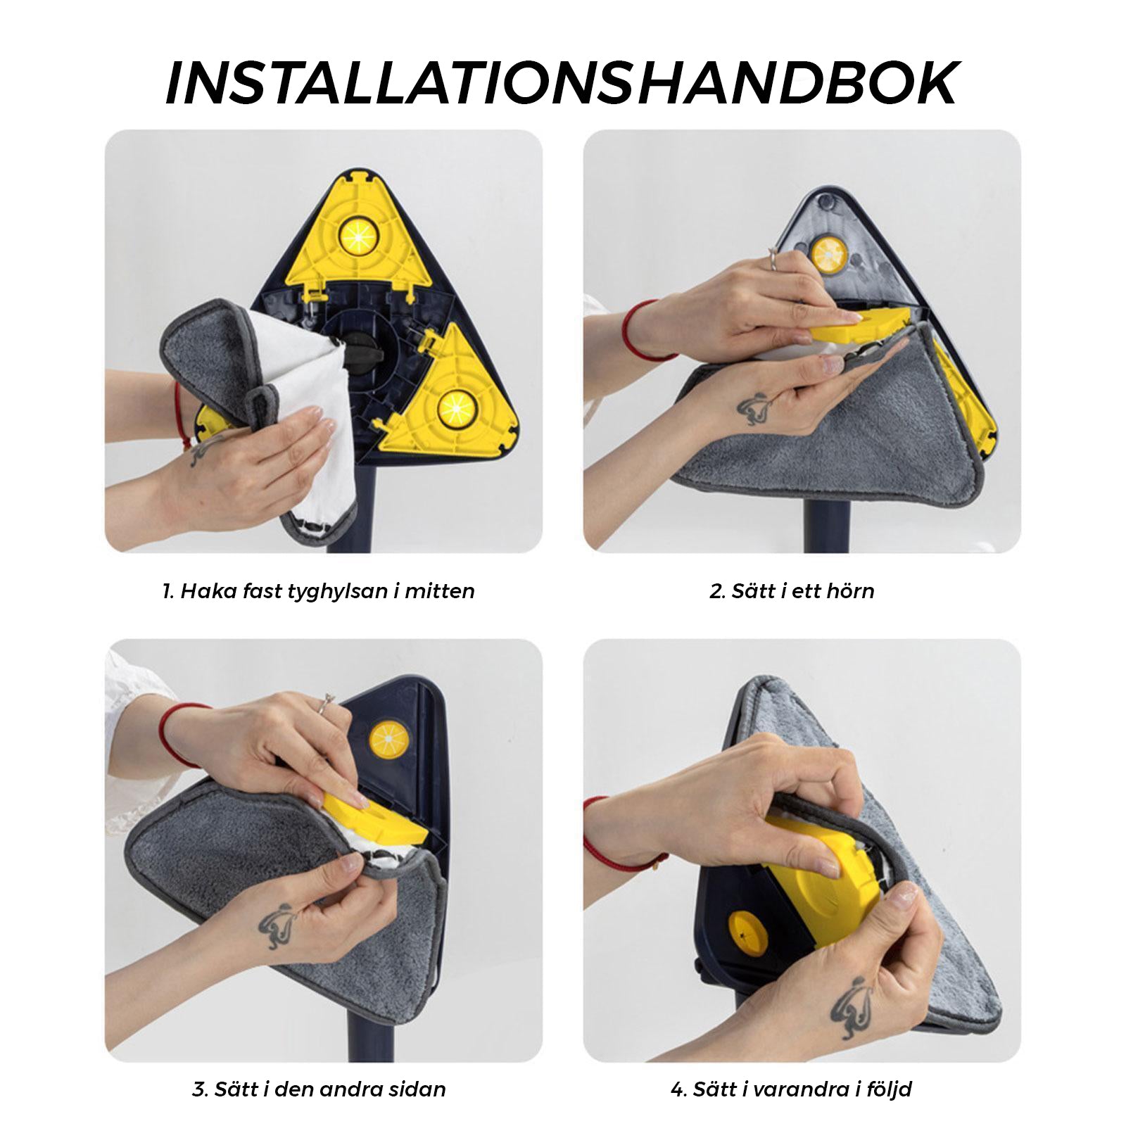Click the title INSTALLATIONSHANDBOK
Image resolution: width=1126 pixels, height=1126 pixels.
point(562,84)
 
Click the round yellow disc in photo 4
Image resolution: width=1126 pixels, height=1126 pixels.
point(748,933)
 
